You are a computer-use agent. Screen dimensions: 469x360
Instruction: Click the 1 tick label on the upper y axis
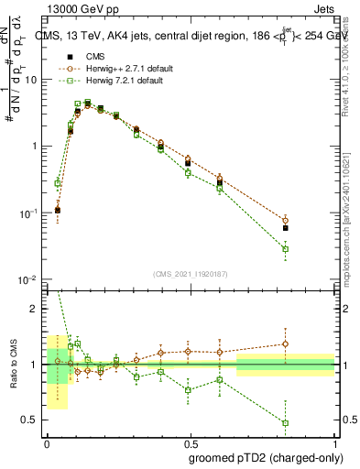(37, 147)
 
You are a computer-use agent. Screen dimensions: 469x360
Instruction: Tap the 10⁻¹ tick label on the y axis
(31, 213)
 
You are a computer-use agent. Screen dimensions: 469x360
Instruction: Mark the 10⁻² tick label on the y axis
(31, 279)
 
